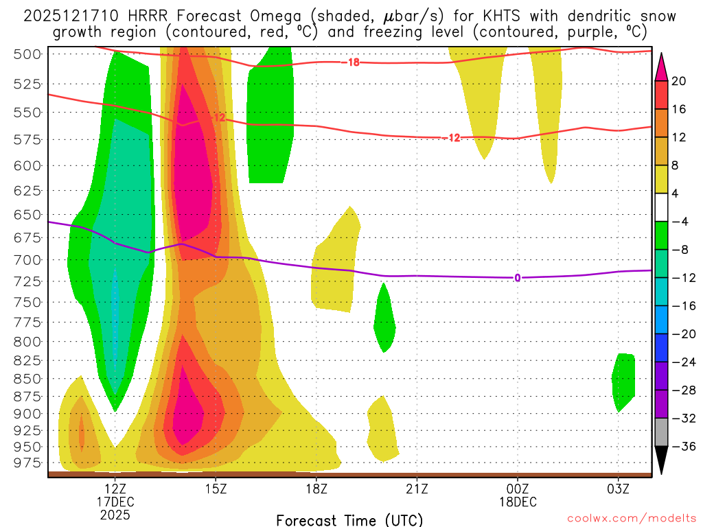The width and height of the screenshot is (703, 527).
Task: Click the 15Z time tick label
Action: point(216,489)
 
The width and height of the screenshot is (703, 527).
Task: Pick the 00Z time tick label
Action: point(518,489)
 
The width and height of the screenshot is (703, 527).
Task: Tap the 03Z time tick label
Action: point(618,489)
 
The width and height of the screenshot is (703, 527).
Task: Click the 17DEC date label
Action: point(115,502)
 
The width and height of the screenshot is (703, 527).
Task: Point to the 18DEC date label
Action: point(518,502)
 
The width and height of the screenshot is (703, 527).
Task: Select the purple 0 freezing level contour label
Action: point(517,278)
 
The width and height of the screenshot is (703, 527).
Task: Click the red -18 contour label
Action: point(352,62)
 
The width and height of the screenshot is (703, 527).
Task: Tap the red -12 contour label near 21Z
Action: point(452,138)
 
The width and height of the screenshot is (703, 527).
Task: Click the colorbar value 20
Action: point(679,81)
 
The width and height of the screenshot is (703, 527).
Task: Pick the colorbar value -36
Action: point(679,447)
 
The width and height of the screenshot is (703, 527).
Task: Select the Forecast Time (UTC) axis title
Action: point(349,519)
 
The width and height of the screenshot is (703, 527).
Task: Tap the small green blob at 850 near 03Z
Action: point(623,381)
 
